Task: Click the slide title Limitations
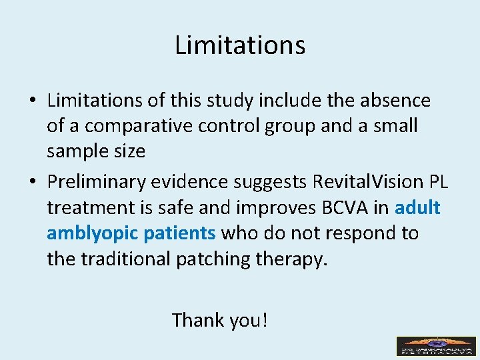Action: click(240, 45)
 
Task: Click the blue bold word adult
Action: click(417, 208)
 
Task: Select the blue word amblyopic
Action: click(89, 233)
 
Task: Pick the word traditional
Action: click(126, 259)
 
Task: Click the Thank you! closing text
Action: click(220, 320)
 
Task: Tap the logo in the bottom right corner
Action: click(436, 346)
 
